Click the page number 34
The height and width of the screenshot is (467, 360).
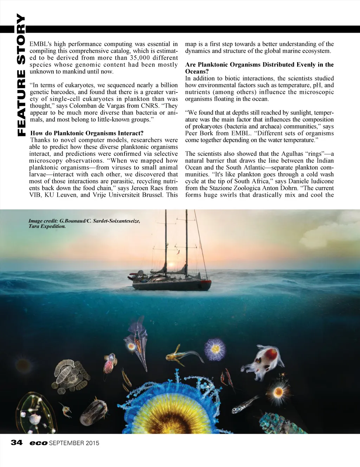pos(17,442)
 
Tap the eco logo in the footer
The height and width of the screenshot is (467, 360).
pos(38,443)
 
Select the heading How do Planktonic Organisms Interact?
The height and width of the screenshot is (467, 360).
pos(87,133)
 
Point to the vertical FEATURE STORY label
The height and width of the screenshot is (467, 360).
pos(21,75)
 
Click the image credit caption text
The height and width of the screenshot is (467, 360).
pos(84,223)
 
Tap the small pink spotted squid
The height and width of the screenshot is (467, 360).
pos(110,364)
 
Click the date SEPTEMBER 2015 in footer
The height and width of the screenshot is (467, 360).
pos(74,443)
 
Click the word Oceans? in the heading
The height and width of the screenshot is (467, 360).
pos(197,71)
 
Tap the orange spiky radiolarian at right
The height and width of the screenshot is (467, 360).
pos(278,391)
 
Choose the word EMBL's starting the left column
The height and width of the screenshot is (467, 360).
pos(40,44)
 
